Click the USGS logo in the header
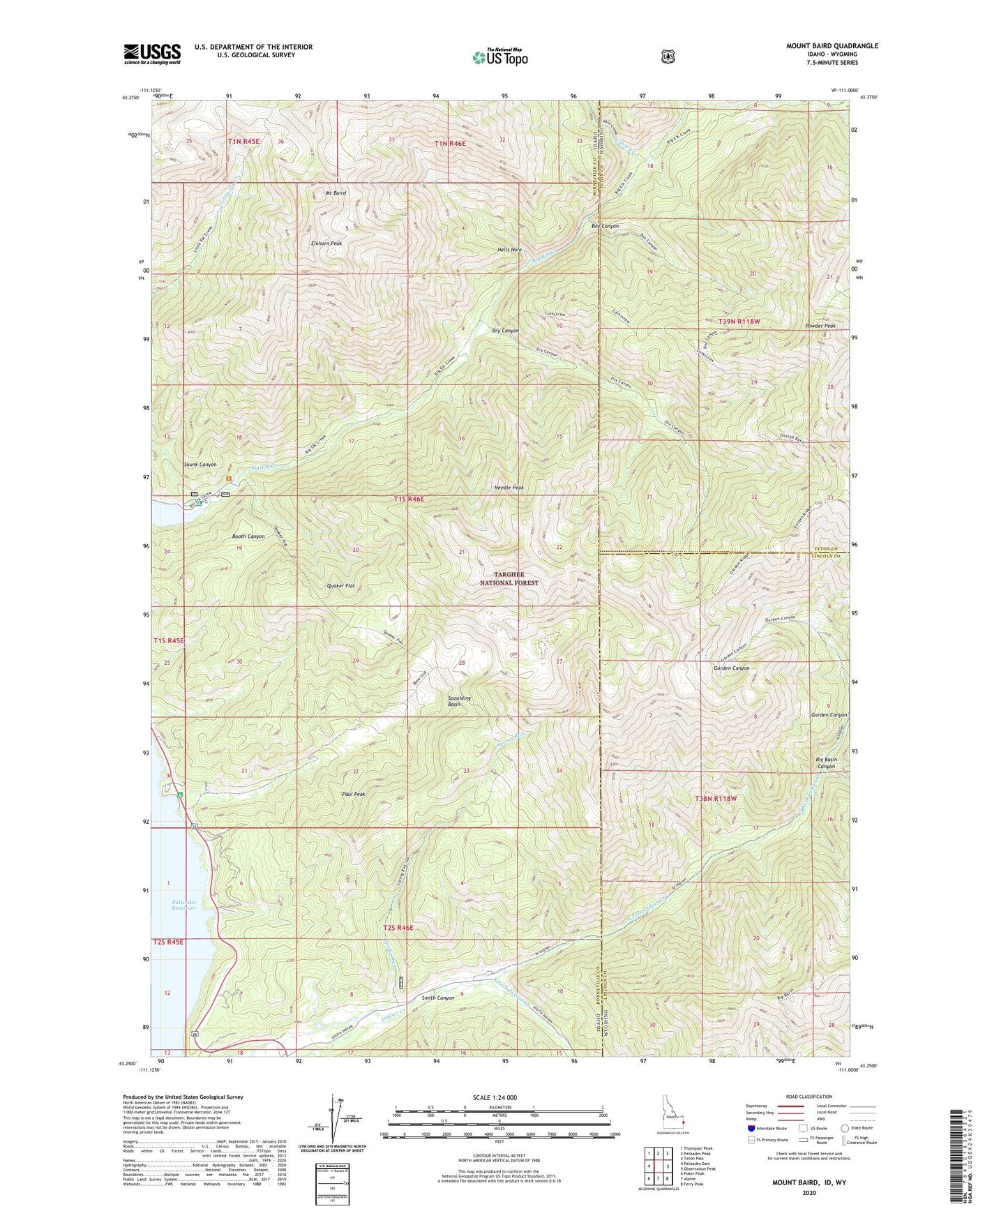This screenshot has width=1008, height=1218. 152,54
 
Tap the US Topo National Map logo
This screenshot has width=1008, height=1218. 499,57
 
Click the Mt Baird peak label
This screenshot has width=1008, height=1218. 335,193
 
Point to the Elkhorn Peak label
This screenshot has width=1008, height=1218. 326,243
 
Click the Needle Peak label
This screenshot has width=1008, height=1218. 508,488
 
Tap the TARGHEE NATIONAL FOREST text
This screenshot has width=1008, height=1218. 509,578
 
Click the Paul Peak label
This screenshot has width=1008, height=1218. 354,794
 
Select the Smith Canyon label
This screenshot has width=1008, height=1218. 437,998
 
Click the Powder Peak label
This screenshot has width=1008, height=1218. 820,326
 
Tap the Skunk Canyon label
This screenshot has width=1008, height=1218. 200,465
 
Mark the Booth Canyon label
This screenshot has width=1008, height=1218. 248,536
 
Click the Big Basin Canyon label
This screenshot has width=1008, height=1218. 826,762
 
